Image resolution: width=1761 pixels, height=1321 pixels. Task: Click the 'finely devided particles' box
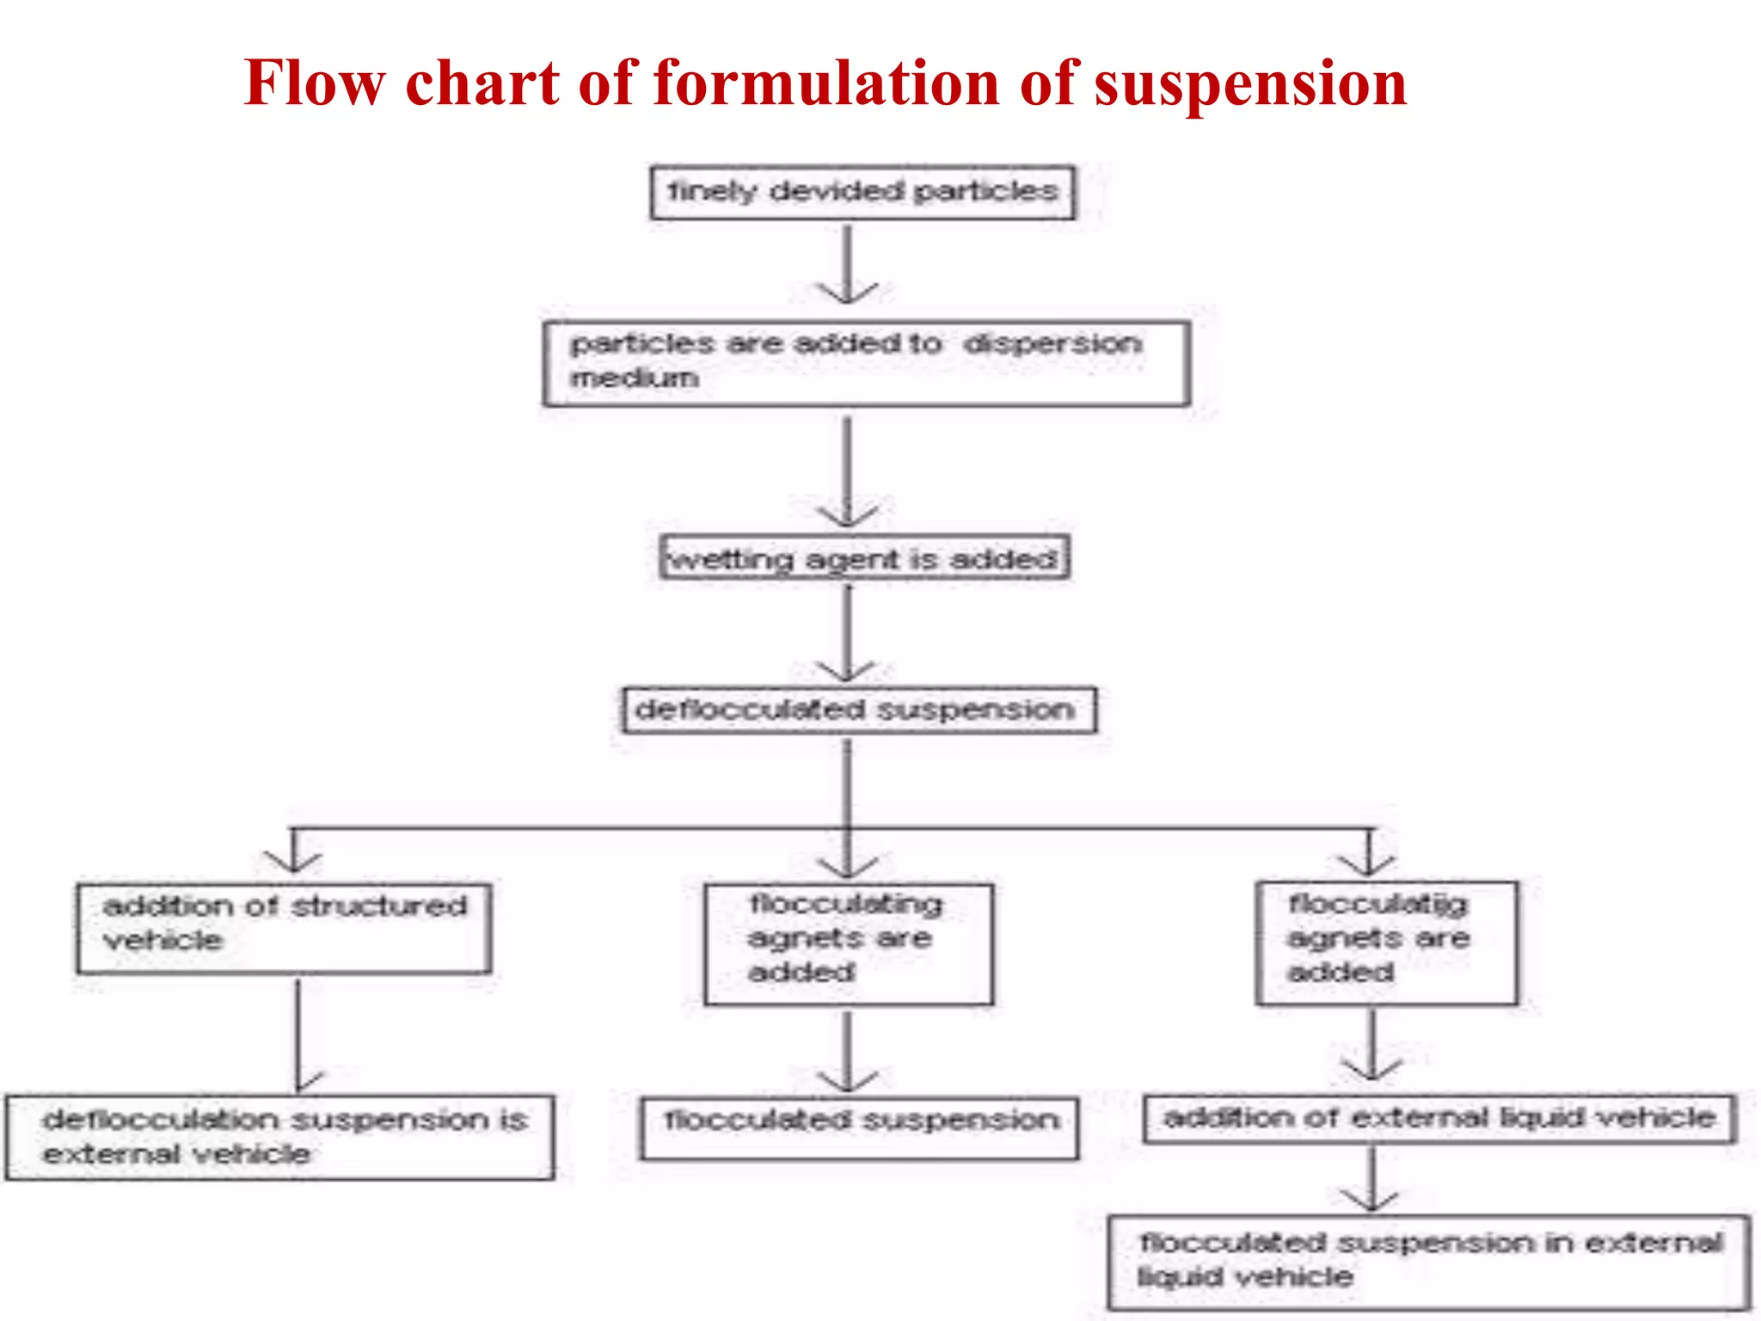(862, 192)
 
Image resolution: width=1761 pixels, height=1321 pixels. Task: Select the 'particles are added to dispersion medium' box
(866, 363)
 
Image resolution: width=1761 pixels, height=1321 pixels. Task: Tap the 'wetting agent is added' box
(864, 558)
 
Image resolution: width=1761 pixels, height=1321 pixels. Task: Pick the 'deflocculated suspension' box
(859, 710)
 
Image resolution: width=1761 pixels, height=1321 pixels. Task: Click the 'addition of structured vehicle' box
(284, 928)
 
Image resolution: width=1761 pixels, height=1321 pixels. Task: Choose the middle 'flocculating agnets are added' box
(848, 943)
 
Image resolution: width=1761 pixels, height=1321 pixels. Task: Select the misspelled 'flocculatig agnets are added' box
(1385, 943)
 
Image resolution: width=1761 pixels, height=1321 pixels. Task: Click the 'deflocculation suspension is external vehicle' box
(279, 1136)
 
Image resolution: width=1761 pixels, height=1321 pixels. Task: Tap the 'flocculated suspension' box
(858, 1127)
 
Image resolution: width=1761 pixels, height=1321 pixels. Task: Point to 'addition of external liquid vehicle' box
(1439, 1118)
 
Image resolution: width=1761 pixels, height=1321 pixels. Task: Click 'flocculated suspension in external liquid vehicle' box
(1429, 1261)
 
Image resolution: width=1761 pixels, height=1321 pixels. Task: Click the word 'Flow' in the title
(314, 83)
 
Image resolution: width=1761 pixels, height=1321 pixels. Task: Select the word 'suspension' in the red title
(1250, 83)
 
